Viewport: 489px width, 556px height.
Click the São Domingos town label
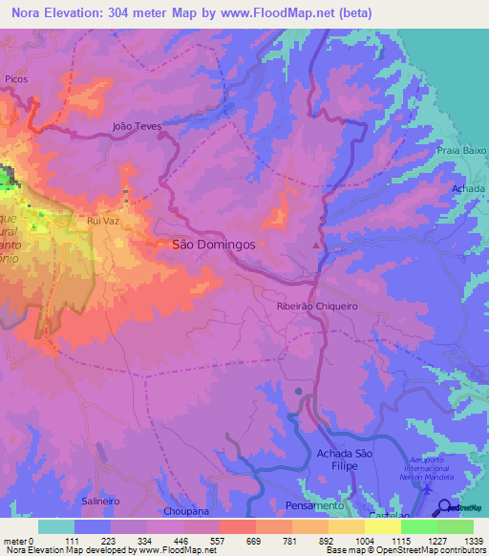pyautogui.click(x=213, y=245)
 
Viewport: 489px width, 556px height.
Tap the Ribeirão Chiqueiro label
pyautogui.click(x=316, y=306)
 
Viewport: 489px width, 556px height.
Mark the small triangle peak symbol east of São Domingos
pyautogui.click(x=316, y=246)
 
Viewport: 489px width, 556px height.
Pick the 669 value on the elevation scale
pyautogui.click(x=252, y=540)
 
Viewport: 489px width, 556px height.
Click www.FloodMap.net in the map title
pyautogui.click(x=274, y=12)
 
